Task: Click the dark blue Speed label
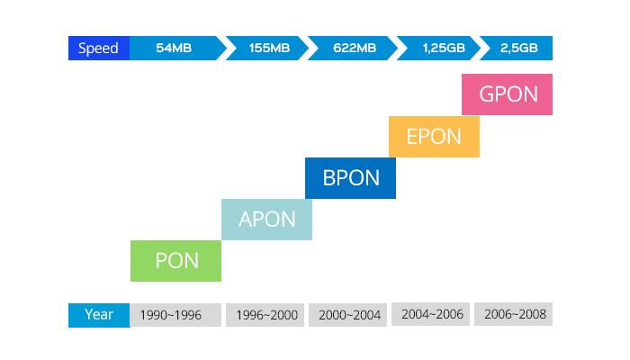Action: point(99,48)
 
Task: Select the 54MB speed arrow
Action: point(175,48)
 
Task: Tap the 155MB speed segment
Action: point(269,48)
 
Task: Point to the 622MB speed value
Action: point(354,48)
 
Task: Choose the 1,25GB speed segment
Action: point(440,48)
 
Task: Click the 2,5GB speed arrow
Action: point(517,48)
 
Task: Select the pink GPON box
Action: point(507,94)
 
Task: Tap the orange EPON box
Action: point(434,137)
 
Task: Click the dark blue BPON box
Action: point(350,177)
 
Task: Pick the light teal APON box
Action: point(266,220)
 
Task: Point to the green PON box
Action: point(175,261)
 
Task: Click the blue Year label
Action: point(99,315)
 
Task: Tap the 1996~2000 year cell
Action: point(266,315)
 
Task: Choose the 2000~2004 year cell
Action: point(350,315)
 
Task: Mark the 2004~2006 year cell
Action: point(432,315)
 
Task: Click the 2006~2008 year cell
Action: point(513,314)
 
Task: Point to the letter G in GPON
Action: point(488,94)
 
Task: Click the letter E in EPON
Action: point(413,137)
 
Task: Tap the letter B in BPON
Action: point(329,177)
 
